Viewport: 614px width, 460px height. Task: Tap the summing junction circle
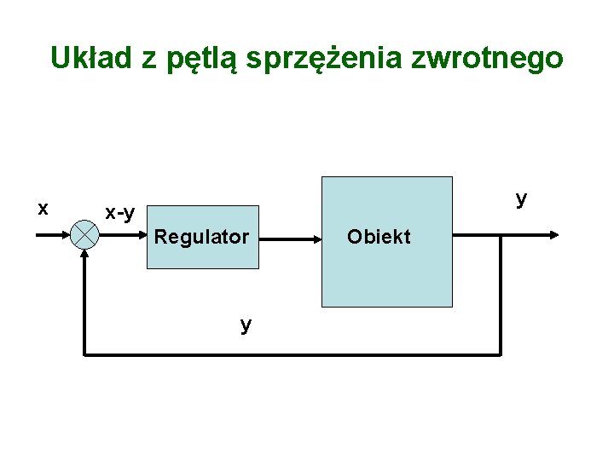tap(84, 234)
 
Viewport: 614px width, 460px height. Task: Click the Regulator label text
tap(201, 237)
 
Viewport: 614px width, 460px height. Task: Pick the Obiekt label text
tap(379, 237)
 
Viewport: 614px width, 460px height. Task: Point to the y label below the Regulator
tap(246, 325)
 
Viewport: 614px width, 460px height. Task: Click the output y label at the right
tap(521, 198)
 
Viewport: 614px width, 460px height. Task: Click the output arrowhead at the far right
tap(554, 234)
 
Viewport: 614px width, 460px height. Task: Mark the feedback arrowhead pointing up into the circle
tap(84, 256)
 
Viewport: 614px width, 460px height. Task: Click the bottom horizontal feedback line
tap(290, 353)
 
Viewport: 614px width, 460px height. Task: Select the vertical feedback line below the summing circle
tap(84, 307)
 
